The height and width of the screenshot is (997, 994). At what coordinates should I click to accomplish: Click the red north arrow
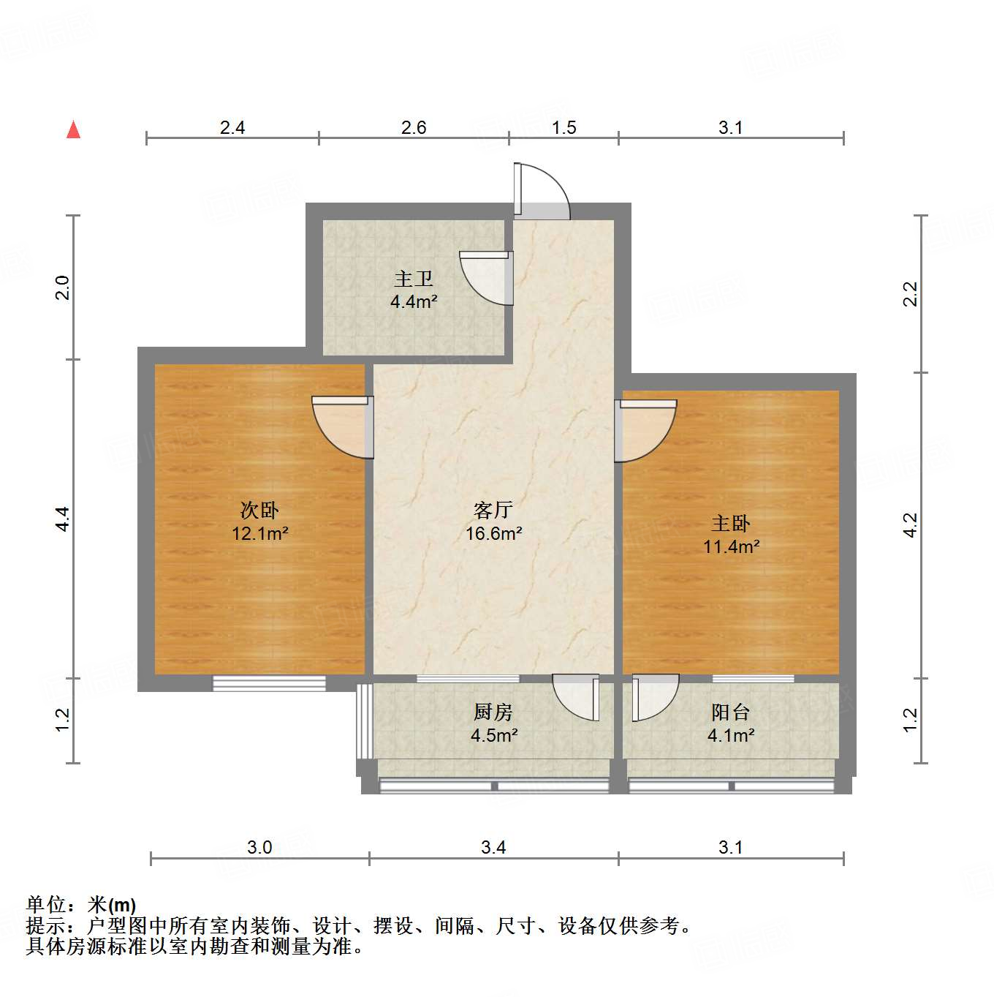coord(73,130)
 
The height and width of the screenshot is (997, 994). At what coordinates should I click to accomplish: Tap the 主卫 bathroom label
coord(414,279)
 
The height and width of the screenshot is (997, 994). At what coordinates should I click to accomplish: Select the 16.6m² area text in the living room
coord(493,534)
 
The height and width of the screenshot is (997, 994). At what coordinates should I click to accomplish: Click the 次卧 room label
coord(259,510)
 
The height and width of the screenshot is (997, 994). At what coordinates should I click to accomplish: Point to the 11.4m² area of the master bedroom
coord(731,546)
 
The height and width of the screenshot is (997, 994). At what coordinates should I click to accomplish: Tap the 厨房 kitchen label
coord(493,712)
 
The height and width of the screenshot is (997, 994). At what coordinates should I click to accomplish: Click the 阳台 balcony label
coord(731,712)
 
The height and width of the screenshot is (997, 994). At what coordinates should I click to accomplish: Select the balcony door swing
coord(655,696)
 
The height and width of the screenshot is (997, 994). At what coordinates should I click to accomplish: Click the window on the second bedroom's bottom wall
coord(269,683)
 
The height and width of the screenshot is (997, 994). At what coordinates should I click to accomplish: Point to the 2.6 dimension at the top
coord(414,127)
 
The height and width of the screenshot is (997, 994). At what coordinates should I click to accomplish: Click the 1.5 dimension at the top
coord(564,127)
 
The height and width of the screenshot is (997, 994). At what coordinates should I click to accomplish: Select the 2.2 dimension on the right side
coord(910,294)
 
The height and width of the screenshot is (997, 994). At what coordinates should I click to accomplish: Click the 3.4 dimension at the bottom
coord(493,847)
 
